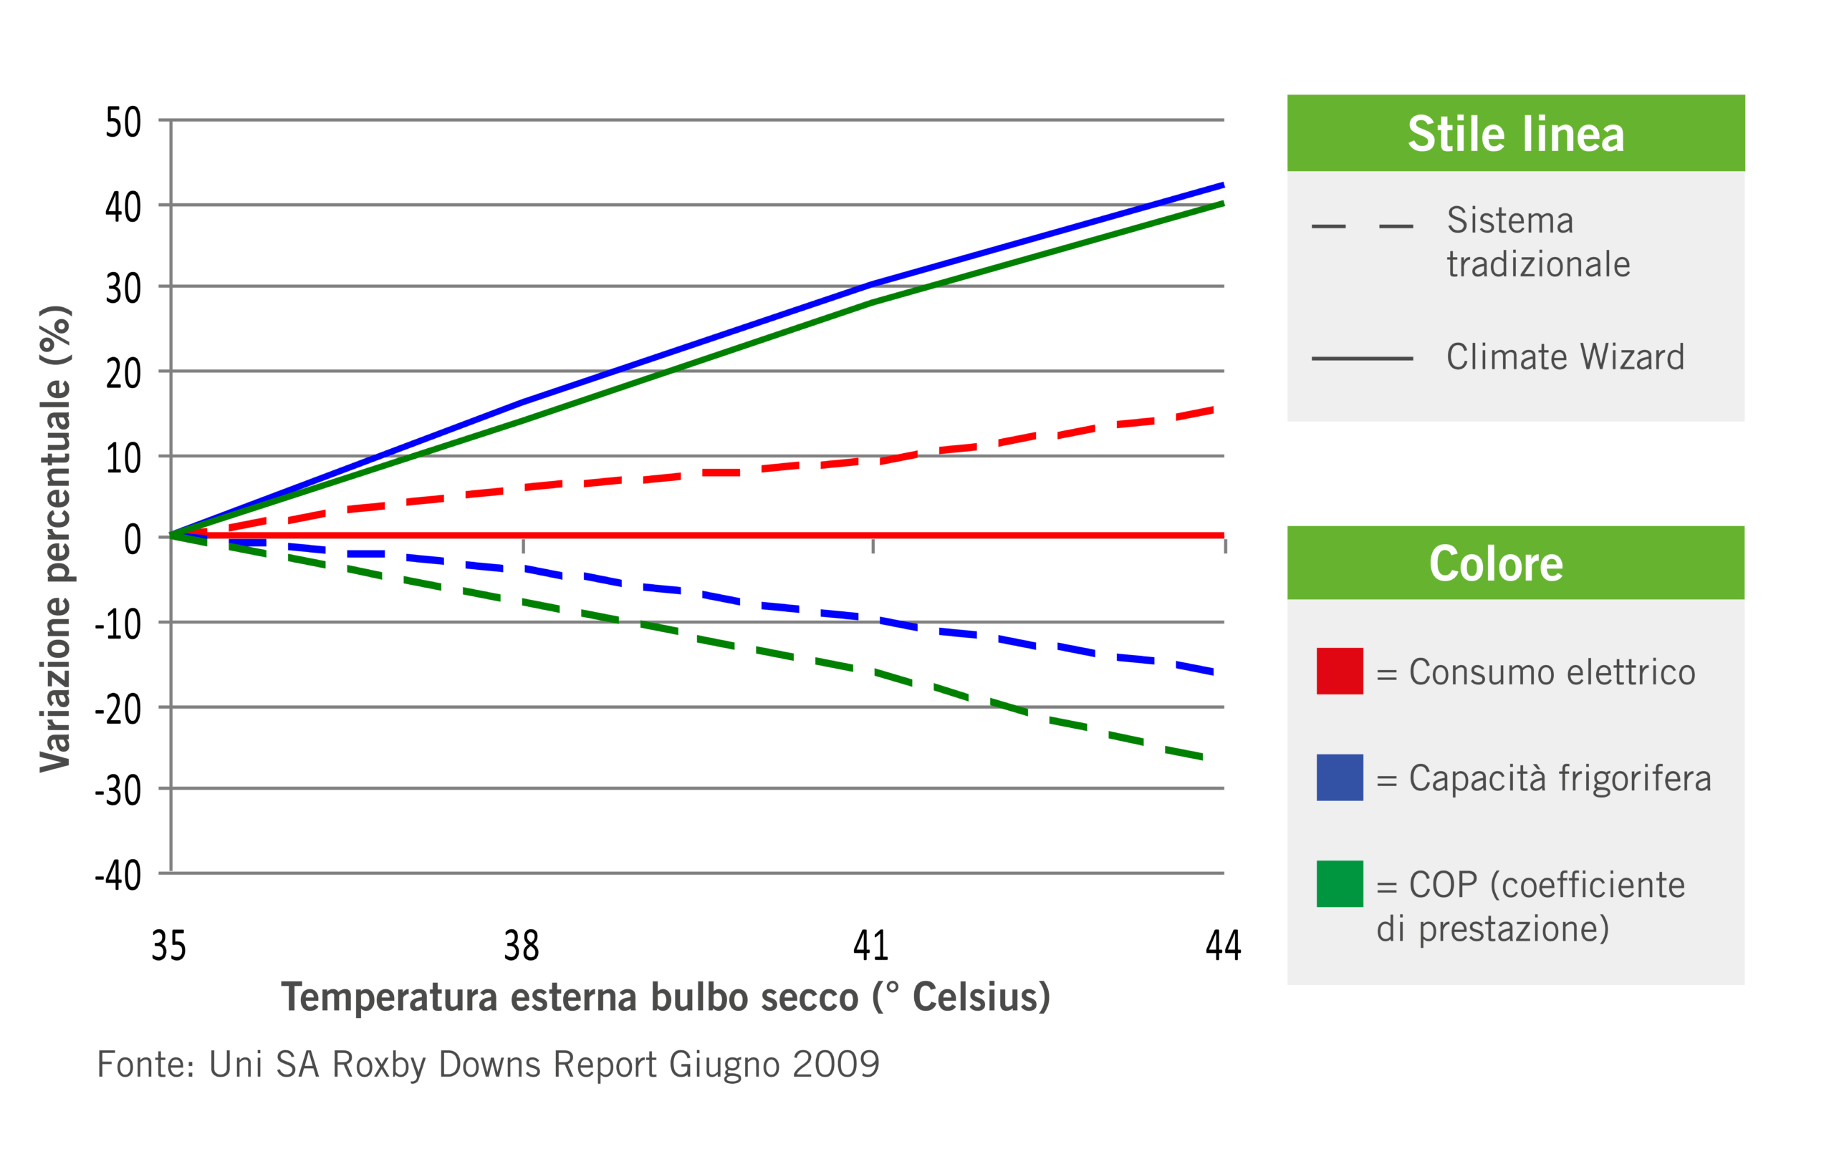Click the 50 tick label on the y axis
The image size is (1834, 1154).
point(123,122)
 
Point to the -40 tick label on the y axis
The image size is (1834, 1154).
point(118,876)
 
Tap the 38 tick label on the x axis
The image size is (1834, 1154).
point(521,946)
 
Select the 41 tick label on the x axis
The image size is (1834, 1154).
point(870,946)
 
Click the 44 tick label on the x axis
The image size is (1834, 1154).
point(1223,946)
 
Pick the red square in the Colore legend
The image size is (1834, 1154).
point(1339,671)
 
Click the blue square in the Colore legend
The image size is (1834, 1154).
point(1339,777)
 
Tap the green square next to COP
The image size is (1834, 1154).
point(1339,884)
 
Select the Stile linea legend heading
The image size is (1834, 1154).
point(1516,134)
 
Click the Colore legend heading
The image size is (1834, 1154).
point(1496,563)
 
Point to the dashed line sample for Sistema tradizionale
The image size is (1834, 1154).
point(1362,227)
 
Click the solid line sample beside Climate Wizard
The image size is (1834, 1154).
point(1362,358)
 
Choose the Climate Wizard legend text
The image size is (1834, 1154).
point(1565,357)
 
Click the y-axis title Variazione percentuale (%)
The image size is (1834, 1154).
point(56,538)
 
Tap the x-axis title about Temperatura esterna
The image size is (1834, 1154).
point(666,997)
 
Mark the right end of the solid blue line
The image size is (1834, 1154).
point(1222,185)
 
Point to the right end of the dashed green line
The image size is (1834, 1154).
point(1202,757)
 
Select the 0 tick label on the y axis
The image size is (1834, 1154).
point(133,540)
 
